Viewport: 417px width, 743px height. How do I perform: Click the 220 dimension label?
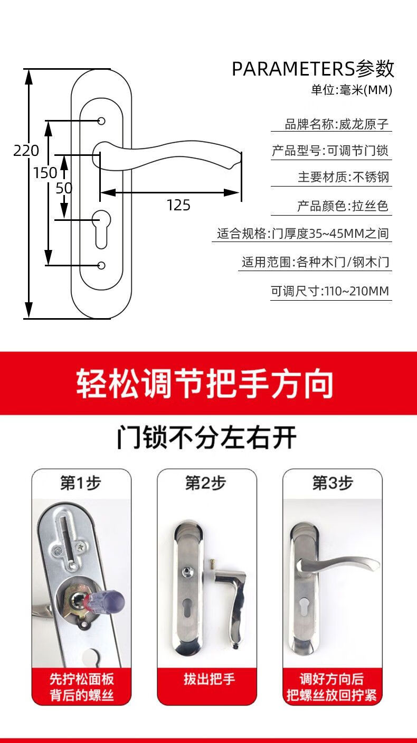coord(26,151)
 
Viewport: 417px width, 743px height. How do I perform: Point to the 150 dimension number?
coord(45,172)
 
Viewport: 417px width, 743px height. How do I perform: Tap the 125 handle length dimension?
coord(178,205)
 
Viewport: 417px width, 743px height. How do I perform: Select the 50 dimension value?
coord(64,188)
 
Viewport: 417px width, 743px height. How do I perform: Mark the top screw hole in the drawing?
coord(101,121)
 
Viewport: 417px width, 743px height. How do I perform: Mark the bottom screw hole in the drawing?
coord(101,265)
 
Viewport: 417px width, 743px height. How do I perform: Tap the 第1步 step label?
coord(81,483)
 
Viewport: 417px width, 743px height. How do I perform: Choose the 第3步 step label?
coord(332,483)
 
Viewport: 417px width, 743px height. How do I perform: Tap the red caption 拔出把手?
coord(206,679)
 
